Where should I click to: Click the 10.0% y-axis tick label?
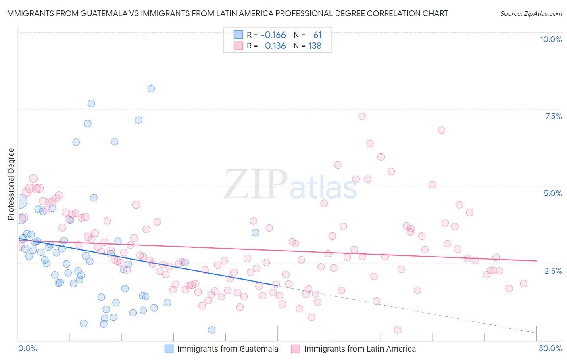click(550, 39)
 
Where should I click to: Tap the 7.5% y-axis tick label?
click(553, 116)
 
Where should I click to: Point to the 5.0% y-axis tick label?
click(552, 193)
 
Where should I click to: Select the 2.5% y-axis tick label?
click(553, 271)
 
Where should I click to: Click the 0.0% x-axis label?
click(27, 348)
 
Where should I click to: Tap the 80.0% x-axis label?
click(550, 348)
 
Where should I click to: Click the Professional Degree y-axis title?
click(11, 184)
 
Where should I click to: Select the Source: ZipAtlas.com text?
click(531, 13)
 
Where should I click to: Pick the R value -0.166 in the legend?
click(273, 35)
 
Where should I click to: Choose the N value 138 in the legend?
click(315, 46)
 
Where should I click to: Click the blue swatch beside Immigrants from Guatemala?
click(169, 349)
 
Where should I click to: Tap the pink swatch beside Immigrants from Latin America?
click(296, 349)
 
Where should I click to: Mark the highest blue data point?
click(151, 89)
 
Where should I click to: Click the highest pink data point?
click(362, 117)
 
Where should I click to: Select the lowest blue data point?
click(212, 330)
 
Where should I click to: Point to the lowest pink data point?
click(398, 330)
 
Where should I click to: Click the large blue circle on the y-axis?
click(19, 201)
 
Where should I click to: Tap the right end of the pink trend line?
click(536, 261)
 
